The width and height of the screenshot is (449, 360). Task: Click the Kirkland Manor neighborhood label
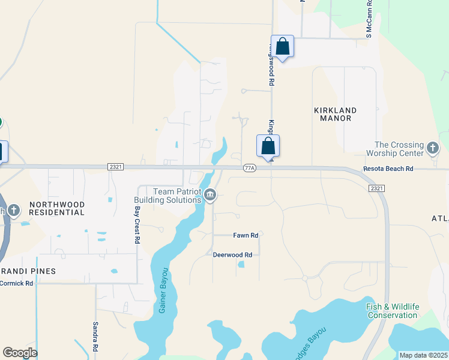(335, 114)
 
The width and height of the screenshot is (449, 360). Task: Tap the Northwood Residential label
(57, 208)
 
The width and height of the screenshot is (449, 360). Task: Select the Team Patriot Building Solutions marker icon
(210, 194)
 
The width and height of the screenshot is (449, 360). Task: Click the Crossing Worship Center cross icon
(432, 148)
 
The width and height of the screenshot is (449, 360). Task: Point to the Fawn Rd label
(246, 236)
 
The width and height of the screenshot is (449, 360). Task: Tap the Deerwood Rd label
(232, 254)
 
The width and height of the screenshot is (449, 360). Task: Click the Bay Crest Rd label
(137, 225)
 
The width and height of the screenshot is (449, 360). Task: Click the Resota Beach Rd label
(388, 169)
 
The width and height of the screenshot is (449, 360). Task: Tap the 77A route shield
(250, 169)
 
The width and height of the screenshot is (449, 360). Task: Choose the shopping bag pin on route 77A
(268, 146)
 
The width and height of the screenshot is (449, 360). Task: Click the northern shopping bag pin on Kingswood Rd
(282, 46)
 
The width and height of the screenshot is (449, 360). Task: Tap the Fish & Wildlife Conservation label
(393, 311)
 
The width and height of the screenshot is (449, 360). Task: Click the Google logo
(20, 353)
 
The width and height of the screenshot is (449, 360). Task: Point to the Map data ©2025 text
(423, 355)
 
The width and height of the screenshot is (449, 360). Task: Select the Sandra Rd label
(95, 335)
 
